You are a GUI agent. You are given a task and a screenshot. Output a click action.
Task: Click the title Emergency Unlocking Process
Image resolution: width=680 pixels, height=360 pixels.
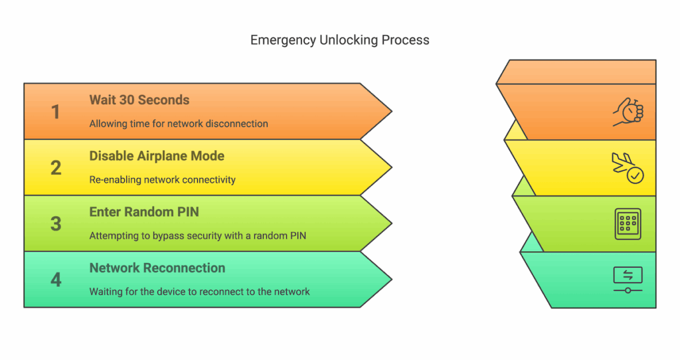pyautogui.click(x=339, y=40)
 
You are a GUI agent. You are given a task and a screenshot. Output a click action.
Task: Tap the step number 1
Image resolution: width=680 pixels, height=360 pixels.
pyautogui.click(x=56, y=112)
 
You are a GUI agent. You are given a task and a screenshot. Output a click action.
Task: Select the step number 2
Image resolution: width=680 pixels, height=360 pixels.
pyautogui.click(x=56, y=167)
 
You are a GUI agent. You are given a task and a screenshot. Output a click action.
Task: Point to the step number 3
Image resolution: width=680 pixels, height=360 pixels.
pyautogui.click(x=56, y=224)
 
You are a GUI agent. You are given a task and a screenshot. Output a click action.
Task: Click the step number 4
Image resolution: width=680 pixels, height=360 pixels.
pyautogui.click(x=56, y=280)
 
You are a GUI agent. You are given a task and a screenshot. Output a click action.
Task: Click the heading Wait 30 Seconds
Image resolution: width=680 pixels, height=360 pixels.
pyautogui.click(x=139, y=100)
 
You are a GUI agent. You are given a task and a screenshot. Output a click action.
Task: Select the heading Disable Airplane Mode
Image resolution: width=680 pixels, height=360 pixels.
pyautogui.click(x=157, y=156)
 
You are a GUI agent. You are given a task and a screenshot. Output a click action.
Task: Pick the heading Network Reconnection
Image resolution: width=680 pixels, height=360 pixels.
pyautogui.click(x=157, y=268)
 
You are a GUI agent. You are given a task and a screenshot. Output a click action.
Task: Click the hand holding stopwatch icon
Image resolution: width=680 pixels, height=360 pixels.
pyautogui.click(x=628, y=112)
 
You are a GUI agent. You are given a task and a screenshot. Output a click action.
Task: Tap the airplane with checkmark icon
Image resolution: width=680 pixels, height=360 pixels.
pyautogui.click(x=628, y=168)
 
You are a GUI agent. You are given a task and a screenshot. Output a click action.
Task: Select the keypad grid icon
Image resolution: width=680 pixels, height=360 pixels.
pyautogui.click(x=628, y=224)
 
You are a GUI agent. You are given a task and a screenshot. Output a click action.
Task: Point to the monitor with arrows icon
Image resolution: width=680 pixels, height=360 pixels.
pyautogui.click(x=628, y=280)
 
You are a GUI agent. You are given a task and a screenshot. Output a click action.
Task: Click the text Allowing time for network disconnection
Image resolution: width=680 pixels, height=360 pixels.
pyautogui.click(x=179, y=124)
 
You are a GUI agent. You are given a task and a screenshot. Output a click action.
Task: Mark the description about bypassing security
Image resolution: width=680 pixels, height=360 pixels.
pyautogui.click(x=198, y=236)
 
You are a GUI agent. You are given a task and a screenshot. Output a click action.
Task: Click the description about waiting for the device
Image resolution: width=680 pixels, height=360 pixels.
pyautogui.click(x=199, y=292)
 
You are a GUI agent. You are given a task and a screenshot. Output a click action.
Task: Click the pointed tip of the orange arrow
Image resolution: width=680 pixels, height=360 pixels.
pyautogui.click(x=390, y=112)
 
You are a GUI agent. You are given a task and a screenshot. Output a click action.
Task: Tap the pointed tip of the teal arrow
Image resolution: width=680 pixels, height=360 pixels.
pyautogui.click(x=390, y=280)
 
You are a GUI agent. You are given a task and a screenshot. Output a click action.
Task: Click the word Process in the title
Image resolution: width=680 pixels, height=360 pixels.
pyautogui.click(x=406, y=40)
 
